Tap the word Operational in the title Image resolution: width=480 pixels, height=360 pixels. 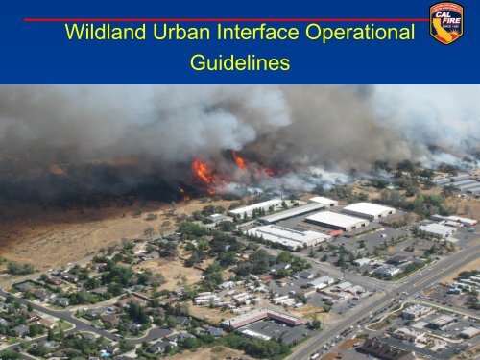(364, 33)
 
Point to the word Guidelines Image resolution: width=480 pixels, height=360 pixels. (240, 63)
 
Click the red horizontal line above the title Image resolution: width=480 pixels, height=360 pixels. (221, 19)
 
